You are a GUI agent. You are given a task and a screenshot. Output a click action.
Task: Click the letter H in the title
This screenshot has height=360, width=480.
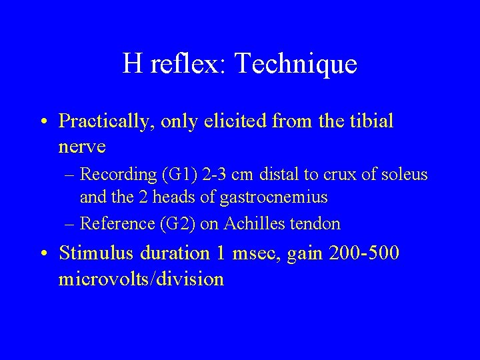coord(131,64)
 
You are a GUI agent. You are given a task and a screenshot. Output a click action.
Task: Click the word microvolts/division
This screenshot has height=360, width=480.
coord(141,278)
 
